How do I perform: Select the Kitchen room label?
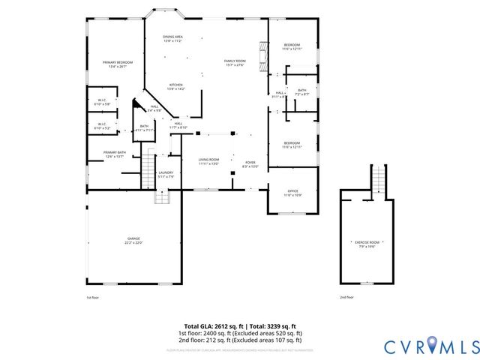[x=176, y=86]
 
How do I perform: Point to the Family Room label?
[x=235, y=62]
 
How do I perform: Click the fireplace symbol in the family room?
[x=262, y=54]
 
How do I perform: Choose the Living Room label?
[x=208, y=161]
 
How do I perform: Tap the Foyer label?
[x=250, y=161]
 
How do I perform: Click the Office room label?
[x=292, y=193]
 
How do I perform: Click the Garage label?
[x=133, y=241]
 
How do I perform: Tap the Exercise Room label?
[x=367, y=243]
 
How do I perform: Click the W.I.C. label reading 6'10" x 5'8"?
[x=102, y=101]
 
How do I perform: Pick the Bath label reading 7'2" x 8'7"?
[x=301, y=91]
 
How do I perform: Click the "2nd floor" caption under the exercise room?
[x=346, y=298]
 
